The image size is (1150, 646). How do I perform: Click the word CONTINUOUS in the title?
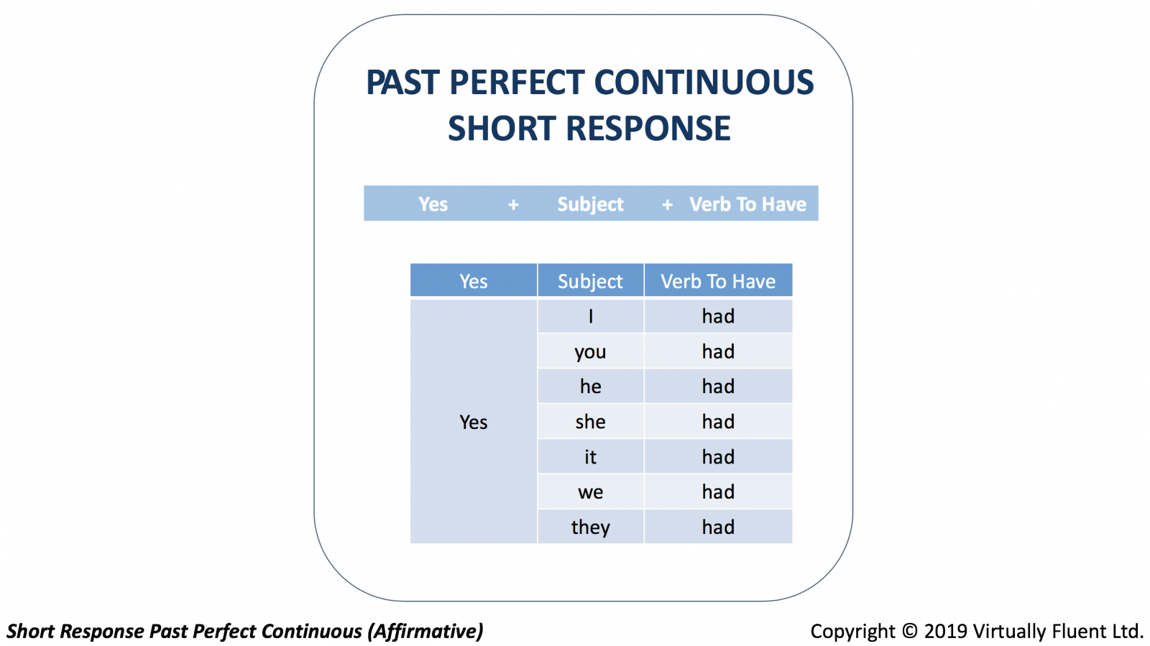704,82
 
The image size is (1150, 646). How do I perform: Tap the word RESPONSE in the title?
648,129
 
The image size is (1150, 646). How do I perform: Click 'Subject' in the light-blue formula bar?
590,204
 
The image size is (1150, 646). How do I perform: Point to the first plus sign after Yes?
513,206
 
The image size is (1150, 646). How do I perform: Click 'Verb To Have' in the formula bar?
747,204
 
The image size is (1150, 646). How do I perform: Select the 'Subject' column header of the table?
590,280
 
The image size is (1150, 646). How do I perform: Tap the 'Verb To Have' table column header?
718,280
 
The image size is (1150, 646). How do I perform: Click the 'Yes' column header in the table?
474,280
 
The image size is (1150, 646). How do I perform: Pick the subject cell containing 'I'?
590,316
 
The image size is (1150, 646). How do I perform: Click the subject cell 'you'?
590,351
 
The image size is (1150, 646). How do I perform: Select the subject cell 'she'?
590,422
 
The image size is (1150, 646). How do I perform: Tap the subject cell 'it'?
590,457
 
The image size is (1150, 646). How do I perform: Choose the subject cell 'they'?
590,527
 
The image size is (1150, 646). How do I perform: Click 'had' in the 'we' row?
718,492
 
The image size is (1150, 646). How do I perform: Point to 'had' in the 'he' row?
718,387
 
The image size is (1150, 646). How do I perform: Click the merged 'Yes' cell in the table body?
474,422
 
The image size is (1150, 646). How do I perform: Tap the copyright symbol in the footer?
909,631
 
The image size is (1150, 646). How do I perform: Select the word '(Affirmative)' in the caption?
425,632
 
